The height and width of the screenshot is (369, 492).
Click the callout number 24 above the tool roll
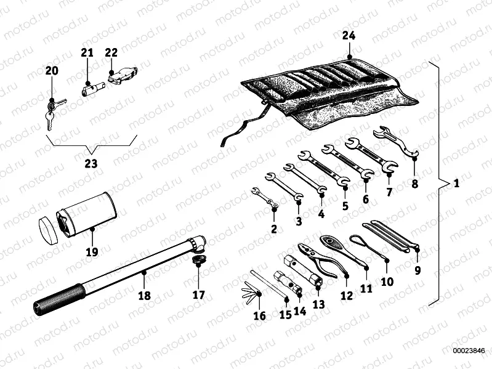[x=349, y=36]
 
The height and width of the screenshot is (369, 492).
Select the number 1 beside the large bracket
[x=456, y=184]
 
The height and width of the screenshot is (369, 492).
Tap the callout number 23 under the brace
[x=91, y=164]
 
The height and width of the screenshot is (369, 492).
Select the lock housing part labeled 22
[x=119, y=76]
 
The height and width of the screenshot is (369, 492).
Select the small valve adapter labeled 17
[x=198, y=264]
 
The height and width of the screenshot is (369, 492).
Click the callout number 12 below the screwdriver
[x=347, y=295]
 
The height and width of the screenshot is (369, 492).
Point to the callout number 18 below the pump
[x=143, y=295]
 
